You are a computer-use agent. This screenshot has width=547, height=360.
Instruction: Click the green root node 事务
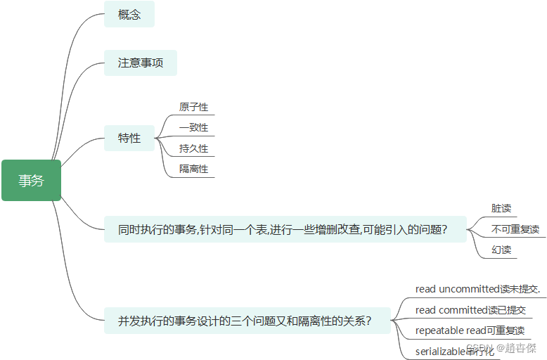pyautogui.click(x=31, y=181)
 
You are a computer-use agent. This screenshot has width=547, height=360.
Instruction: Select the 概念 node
pyautogui.click(x=129, y=15)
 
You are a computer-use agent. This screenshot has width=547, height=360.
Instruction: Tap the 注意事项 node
pyautogui.click(x=141, y=63)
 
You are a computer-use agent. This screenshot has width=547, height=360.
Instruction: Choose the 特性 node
pyautogui.click(x=129, y=139)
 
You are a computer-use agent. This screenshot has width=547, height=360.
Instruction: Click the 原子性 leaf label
pyautogui.click(x=193, y=108)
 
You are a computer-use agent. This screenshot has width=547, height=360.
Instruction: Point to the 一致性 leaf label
pyautogui.click(x=193, y=128)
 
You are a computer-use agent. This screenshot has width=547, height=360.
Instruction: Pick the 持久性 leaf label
pyautogui.click(x=193, y=149)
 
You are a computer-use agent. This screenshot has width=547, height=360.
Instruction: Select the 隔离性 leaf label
pyautogui.click(x=193, y=169)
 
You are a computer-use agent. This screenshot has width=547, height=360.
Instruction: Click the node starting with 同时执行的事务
pyautogui.click(x=285, y=230)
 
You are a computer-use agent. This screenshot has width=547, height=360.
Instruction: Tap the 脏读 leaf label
pyautogui.click(x=501, y=209)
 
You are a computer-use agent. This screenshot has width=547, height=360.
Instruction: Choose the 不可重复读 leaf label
pyautogui.click(x=515, y=229)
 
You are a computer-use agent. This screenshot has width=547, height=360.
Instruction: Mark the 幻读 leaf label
pyautogui.click(x=501, y=250)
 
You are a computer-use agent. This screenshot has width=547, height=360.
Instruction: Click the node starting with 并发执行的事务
pyautogui.click(x=245, y=321)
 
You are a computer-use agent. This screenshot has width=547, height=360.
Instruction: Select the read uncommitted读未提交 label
pyautogui.click(x=477, y=289)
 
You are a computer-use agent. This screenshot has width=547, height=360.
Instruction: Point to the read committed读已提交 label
pyautogui.click(x=470, y=310)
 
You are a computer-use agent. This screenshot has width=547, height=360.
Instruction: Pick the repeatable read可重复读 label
pyautogui.click(x=470, y=330)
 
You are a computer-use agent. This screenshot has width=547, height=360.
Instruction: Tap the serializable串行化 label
pyautogui.click(x=451, y=351)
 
